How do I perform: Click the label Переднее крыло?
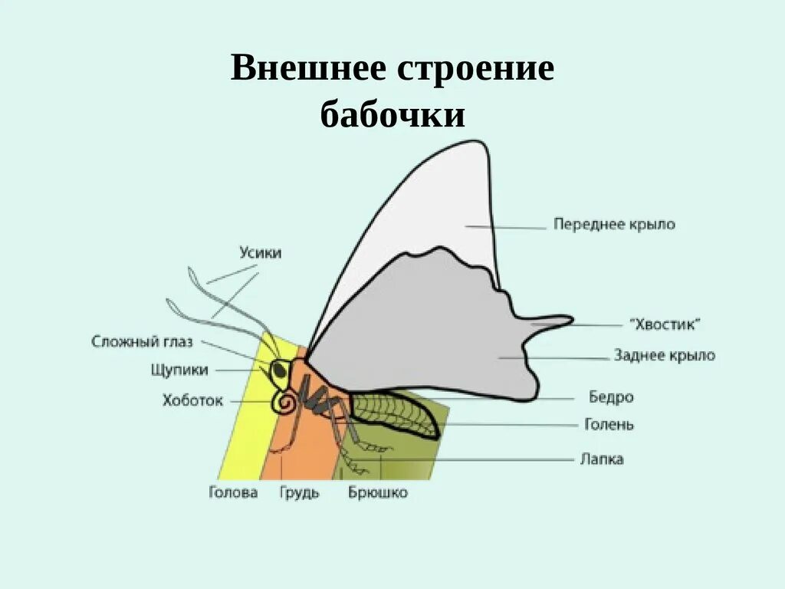click(x=614, y=225)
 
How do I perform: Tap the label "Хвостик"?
click(x=665, y=324)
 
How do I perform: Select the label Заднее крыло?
click(x=664, y=355)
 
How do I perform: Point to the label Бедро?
click(x=611, y=397)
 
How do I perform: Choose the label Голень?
click(x=609, y=424)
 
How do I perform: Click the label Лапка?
click(x=601, y=459)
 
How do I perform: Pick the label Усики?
click(x=260, y=253)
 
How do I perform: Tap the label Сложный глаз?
click(x=142, y=341)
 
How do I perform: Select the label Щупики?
click(x=179, y=370)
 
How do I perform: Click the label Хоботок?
click(x=192, y=400)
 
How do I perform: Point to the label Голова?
click(x=233, y=492)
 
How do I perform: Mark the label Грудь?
click(x=299, y=492)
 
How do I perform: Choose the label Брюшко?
click(x=378, y=492)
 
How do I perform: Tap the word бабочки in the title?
click(x=392, y=115)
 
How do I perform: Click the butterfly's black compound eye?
click(x=280, y=370)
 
